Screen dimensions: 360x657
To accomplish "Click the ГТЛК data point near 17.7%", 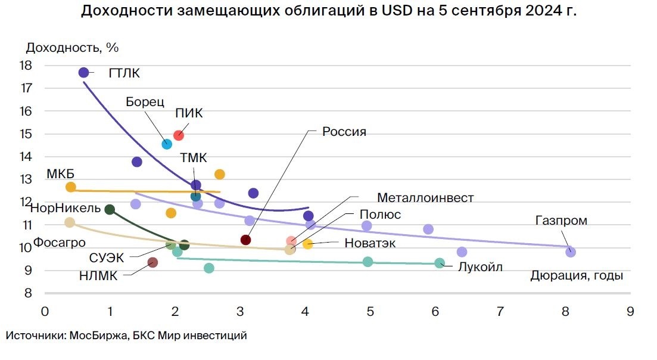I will (83, 72).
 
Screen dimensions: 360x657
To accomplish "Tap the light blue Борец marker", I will (167, 144).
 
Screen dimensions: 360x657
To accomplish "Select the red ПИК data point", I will (179, 135).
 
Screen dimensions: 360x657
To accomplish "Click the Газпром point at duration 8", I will (571, 252).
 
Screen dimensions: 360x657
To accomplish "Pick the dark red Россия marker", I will (245, 240).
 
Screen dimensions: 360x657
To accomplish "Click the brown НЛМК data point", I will (152, 262).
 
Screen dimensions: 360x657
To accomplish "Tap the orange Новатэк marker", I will (308, 244).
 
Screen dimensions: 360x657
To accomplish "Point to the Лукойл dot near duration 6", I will (440, 263).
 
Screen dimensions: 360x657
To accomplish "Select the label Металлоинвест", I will (425, 197).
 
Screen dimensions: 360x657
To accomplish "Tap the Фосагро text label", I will (59, 243).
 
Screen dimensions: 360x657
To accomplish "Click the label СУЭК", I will (107, 259).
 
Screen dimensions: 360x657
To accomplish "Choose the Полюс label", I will (380, 215).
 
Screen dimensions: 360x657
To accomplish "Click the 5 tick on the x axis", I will (370, 311).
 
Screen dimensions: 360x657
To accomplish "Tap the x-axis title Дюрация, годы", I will (577, 275).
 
